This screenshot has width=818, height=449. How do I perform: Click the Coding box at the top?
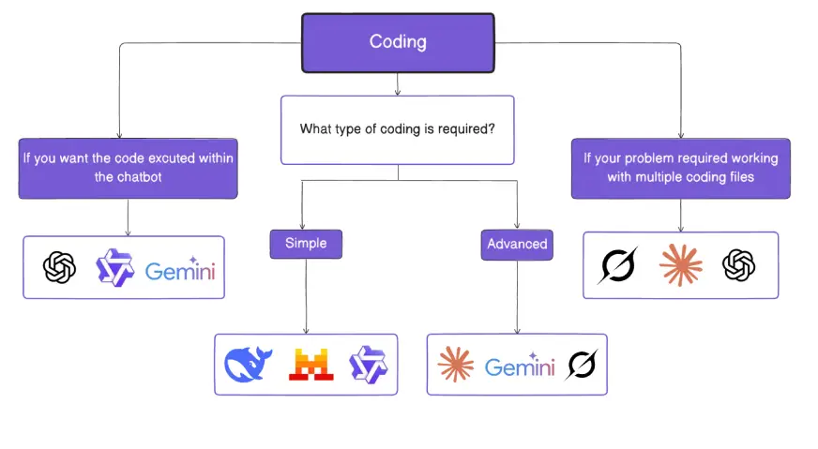(x=398, y=42)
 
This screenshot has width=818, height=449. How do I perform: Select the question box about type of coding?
(x=398, y=129)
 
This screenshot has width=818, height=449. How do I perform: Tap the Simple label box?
(x=306, y=244)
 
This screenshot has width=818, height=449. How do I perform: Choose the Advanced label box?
(x=516, y=244)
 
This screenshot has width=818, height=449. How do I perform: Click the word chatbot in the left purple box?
(x=129, y=176)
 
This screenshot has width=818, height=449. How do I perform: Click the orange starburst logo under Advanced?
(x=456, y=365)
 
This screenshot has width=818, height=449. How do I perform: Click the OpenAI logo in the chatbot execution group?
(x=59, y=269)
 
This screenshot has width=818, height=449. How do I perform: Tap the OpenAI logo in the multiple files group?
(x=739, y=265)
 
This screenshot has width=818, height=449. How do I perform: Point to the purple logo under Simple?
(x=367, y=364)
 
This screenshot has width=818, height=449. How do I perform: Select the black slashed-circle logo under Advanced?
(x=581, y=364)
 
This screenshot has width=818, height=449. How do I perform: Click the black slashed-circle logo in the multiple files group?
(x=617, y=266)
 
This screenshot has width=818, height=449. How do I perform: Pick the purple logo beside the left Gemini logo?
(x=116, y=268)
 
